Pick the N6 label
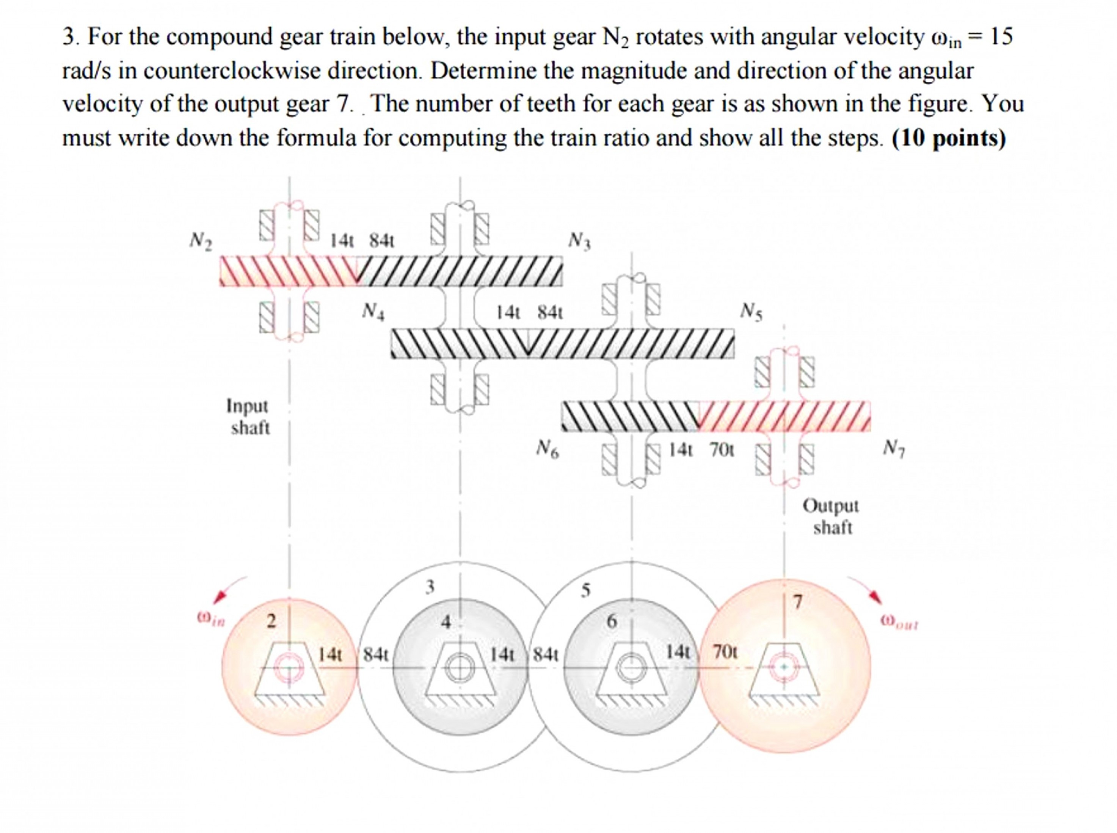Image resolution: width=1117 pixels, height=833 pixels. pos(547,448)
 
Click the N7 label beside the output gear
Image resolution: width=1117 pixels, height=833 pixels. pos(894,448)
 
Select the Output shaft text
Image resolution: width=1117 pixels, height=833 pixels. pos(831,516)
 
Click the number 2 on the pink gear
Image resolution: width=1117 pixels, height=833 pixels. pos(271,620)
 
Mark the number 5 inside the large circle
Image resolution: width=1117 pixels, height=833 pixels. pos(585,590)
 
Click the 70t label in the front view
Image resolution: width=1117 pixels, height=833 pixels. pos(725,652)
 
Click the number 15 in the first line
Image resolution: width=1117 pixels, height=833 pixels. pos(1001,37)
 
